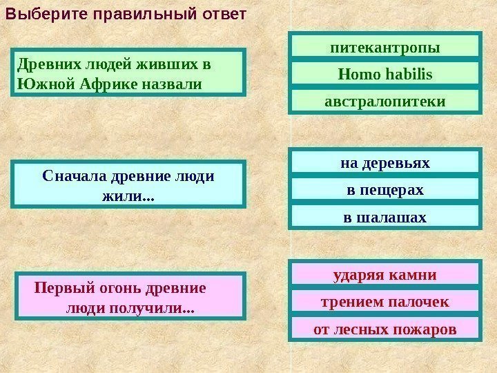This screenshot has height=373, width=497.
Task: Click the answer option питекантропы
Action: pyautogui.click(x=384, y=48)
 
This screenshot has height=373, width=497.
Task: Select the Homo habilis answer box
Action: pyautogui.click(x=384, y=74)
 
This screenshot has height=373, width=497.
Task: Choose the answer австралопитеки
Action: pyautogui.click(x=384, y=101)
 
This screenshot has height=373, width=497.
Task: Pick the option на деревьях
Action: pyautogui.click(x=384, y=163)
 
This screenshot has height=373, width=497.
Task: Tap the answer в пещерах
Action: pyautogui.click(x=384, y=189)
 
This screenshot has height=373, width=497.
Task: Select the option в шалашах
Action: pyautogui.click(x=384, y=217)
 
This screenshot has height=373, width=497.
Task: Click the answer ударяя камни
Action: pyautogui.click(x=384, y=275)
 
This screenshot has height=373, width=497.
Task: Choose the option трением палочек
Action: pyautogui.click(x=384, y=302)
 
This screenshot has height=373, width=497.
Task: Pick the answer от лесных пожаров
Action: pyautogui.click(x=384, y=329)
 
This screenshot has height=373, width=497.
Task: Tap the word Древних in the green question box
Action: pyautogui.click(x=41, y=64)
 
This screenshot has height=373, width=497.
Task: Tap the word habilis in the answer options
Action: pyautogui.click(x=410, y=74)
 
